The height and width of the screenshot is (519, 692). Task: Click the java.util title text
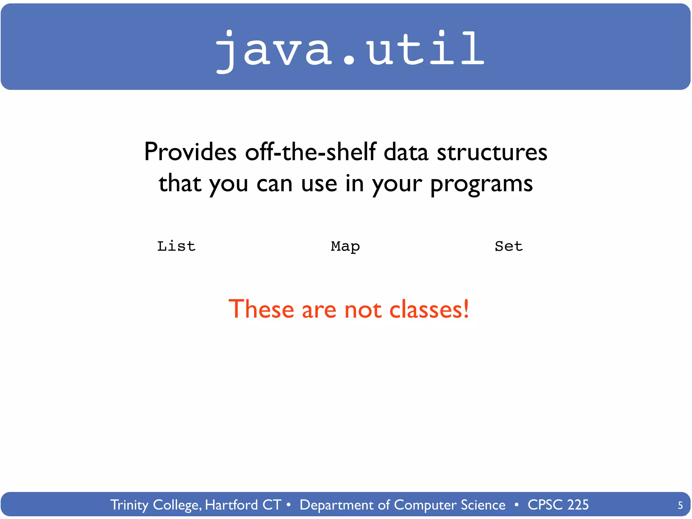350,49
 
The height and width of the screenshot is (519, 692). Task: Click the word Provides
190,152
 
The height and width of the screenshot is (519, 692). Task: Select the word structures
492,152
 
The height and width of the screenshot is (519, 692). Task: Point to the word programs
481,184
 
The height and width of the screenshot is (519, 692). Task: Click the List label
176,246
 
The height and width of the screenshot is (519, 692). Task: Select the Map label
345,247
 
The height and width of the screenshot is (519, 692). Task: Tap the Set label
509,246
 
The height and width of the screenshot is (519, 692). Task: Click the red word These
261,309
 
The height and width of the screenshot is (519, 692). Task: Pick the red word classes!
429,309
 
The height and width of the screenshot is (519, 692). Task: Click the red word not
363,309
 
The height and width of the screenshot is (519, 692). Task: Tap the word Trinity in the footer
129,505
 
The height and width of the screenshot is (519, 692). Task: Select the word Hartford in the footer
231,505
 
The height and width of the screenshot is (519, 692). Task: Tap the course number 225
578,505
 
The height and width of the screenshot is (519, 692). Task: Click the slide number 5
680,505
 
